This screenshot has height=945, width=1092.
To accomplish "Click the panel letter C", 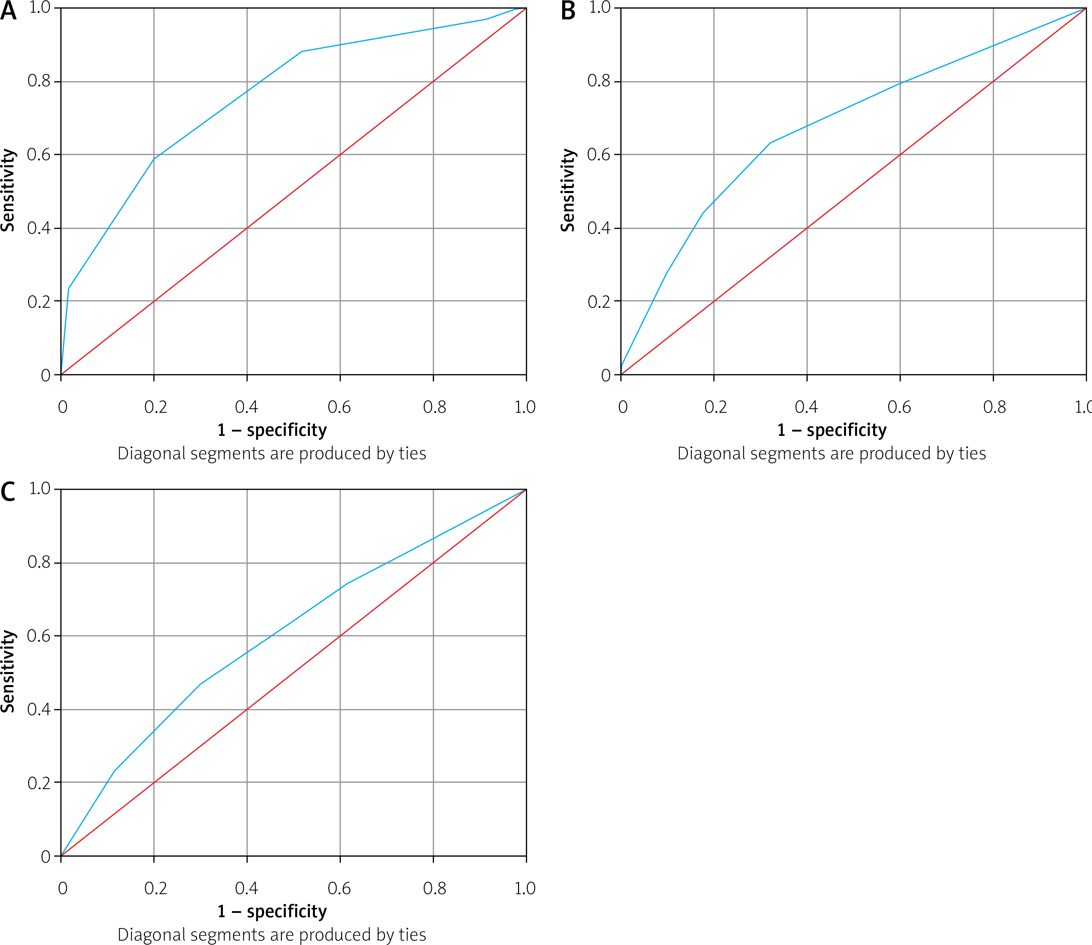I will click(8, 492).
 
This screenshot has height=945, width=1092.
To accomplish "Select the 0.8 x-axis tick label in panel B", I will click(994, 406).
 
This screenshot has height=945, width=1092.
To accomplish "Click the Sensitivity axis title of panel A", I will click(8, 190).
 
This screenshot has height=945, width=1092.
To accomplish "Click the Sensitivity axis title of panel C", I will click(8, 671).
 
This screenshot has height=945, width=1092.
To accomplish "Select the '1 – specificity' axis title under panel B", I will click(832, 430).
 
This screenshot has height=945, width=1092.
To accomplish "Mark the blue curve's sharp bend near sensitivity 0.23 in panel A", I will click(69, 288).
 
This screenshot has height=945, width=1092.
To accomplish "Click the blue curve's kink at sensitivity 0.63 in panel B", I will click(770, 143).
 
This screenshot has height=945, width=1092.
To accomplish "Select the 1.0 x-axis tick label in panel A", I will click(525, 406).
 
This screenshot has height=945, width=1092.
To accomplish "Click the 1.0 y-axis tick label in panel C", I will click(39, 489).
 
